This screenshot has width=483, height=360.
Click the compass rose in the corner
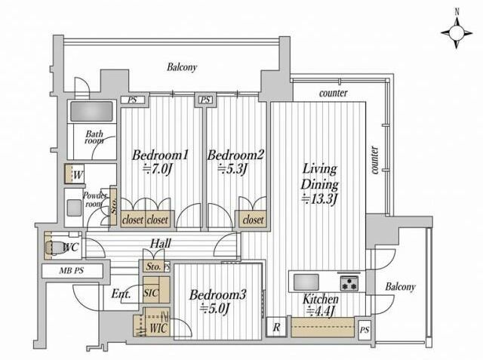(x=456, y=32)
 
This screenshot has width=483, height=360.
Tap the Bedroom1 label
(x=160, y=155)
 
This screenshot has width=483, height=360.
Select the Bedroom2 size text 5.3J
(x=233, y=169)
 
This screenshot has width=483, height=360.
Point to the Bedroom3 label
(x=218, y=294)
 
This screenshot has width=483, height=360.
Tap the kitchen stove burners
(x=349, y=283)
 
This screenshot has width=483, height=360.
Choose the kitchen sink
(x=306, y=282)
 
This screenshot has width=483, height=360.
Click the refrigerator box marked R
(x=276, y=327)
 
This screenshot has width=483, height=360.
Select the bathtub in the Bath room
(x=91, y=111)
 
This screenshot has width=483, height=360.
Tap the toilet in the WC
(x=54, y=247)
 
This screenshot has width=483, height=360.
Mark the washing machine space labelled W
(x=75, y=174)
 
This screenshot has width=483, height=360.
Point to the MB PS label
(x=72, y=271)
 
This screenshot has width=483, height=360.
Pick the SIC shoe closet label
(x=151, y=293)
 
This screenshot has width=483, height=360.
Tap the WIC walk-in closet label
(x=159, y=328)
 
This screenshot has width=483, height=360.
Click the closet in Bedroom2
(x=253, y=220)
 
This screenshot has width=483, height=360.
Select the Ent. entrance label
(x=121, y=294)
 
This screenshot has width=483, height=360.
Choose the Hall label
(x=161, y=244)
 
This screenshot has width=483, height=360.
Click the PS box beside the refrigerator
(x=365, y=330)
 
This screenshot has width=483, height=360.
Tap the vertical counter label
(x=374, y=160)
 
